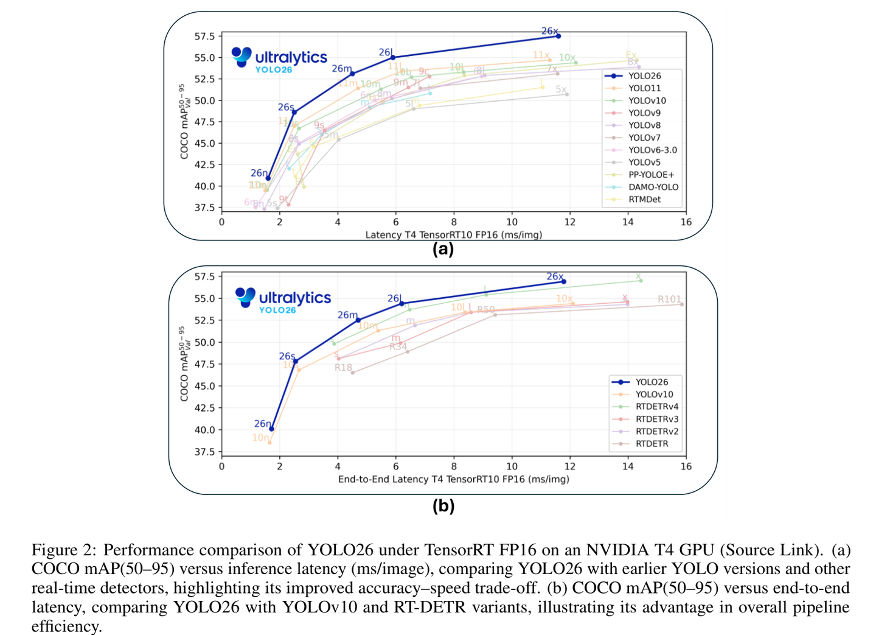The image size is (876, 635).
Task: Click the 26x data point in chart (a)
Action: coord(558,37)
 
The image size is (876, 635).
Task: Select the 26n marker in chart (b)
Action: coord(271,429)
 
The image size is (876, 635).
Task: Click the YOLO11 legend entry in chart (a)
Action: coord(644,88)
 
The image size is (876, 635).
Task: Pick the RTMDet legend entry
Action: coord(644,199)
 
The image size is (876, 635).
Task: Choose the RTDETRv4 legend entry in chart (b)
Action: coord(656,407)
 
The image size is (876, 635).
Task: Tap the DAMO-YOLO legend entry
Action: coord(653,187)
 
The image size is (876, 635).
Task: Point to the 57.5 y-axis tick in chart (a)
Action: coord(204,37)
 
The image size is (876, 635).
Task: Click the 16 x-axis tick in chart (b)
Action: coord(686,466)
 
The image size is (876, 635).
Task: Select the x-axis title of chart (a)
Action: coord(453,234)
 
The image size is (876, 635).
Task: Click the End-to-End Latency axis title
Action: coord(453,479)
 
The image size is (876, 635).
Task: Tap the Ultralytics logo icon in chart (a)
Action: coord(242,57)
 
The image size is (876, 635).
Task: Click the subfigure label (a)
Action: coord(443,248)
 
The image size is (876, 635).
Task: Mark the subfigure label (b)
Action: coord(443,506)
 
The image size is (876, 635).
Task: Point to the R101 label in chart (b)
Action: coord(669,299)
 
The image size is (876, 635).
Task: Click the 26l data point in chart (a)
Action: coord(392,57)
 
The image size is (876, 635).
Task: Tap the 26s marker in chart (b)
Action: coord(296,361)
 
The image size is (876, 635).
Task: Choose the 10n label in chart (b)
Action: coord(260,438)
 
